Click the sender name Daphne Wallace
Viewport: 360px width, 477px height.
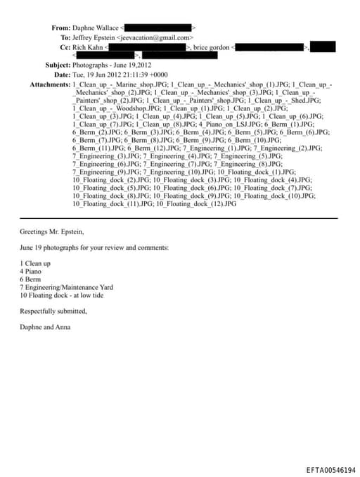point(96,27)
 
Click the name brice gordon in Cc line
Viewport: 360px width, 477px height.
point(212,47)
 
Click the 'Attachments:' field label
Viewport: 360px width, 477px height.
point(50,84)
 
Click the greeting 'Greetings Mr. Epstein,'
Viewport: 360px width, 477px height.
point(51,231)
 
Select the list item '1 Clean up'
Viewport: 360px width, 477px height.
point(35,262)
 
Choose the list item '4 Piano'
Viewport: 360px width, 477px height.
point(32,270)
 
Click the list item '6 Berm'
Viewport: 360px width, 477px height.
point(32,279)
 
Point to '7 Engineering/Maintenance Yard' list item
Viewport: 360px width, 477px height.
point(65,287)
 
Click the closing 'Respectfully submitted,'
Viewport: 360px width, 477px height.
point(53,311)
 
